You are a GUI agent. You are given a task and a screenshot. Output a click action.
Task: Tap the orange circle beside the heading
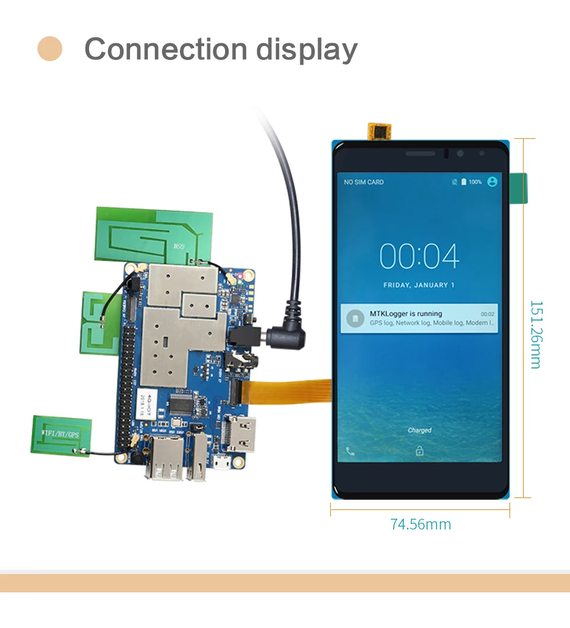50,49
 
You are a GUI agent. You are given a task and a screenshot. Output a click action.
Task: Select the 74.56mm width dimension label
420,525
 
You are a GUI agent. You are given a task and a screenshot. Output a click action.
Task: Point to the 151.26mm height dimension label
536,334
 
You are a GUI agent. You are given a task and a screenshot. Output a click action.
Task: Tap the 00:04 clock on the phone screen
419,256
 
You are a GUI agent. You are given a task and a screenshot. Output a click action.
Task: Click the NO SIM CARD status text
363,182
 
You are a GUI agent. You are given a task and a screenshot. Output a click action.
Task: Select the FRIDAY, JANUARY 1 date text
419,286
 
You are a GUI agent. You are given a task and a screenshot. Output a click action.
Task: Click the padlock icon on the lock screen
419,451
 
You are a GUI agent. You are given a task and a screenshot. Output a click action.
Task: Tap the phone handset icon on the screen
350,451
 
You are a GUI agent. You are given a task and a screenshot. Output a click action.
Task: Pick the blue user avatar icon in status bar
492,182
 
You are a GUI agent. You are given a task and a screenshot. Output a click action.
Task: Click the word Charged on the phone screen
419,430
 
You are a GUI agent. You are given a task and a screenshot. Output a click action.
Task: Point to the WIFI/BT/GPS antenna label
61,434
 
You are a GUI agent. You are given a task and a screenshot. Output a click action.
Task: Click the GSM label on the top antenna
178,245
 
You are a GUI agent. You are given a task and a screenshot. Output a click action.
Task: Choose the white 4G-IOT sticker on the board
144,404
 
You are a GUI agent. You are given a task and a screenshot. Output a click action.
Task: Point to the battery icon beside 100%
464,182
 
